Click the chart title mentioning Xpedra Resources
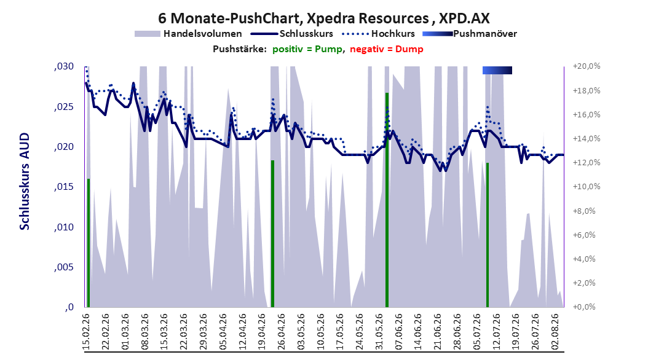click(x=324, y=18)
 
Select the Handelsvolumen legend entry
click(x=189, y=34)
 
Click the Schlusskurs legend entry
click(x=292, y=34)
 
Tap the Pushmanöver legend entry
click(x=470, y=34)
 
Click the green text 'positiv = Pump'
click(x=307, y=49)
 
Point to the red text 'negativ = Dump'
click(x=387, y=49)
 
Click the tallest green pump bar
click(x=387, y=200)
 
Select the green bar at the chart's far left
click(x=89, y=243)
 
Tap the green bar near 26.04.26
click(x=273, y=233)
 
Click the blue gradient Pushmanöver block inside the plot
click(x=497, y=70)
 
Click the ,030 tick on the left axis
click(x=64, y=66)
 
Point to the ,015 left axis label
click(x=64, y=187)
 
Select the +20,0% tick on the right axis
click(x=587, y=66)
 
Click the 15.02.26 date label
click(x=86, y=332)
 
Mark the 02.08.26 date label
click(x=555, y=332)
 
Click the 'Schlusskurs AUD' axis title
click(x=25, y=181)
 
